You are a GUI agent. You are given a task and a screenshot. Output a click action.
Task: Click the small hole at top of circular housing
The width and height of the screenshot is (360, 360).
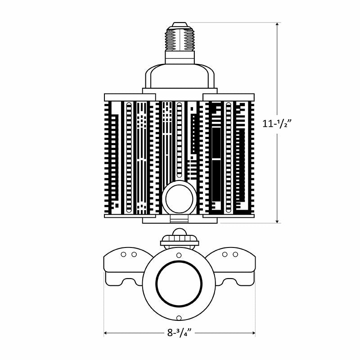(x=179, y=255)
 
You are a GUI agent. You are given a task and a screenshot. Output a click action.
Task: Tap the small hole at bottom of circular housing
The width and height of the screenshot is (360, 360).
(x=179, y=318)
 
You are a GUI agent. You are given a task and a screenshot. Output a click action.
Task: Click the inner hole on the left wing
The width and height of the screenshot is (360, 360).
(x=134, y=255)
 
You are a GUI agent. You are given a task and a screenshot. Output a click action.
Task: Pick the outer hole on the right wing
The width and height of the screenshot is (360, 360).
(x=235, y=255)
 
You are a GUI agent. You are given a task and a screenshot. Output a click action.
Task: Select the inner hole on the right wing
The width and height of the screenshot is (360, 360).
(x=225, y=255)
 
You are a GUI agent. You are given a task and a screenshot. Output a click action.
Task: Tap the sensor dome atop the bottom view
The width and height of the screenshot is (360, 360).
(x=180, y=234)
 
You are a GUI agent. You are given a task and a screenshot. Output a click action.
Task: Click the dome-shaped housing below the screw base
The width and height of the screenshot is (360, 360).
(x=180, y=76)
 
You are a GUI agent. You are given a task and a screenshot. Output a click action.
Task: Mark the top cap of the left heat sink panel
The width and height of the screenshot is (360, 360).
(x=130, y=97)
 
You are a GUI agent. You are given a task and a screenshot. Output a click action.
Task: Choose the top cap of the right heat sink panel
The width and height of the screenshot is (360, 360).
(x=229, y=97)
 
